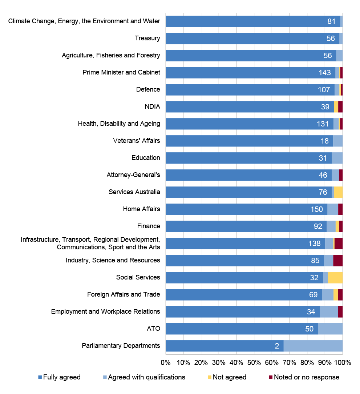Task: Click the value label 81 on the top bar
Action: pyautogui.click(x=331, y=21)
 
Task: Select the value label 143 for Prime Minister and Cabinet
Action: pyautogui.click(x=324, y=73)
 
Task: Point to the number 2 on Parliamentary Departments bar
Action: pyautogui.click(x=277, y=346)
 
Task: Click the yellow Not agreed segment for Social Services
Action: pyautogui.click(x=335, y=277)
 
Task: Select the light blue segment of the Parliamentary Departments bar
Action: pyautogui.click(x=313, y=346)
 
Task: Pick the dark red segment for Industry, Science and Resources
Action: pyautogui.click(x=337, y=260)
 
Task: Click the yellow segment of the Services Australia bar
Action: pyautogui.click(x=338, y=192)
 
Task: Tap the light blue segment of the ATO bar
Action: pyautogui.click(x=330, y=329)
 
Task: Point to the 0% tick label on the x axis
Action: pyautogui.click(x=166, y=362)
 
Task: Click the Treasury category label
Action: pyautogui.click(x=147, y=38)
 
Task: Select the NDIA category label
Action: pyautogui.click(x=152, y=106)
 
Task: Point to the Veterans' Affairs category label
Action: pyautogui.click(x=137, y=141)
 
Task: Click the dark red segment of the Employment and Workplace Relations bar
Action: pyautogui.click(x=340, y=311)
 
